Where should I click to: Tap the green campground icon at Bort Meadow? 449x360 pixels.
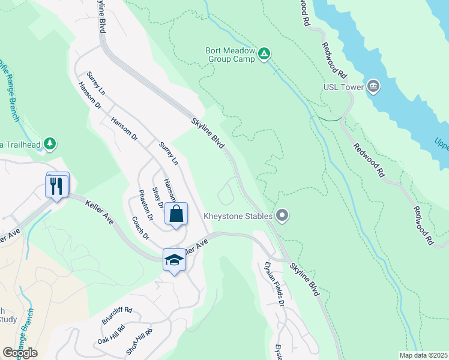264,55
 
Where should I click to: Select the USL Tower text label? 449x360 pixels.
345,87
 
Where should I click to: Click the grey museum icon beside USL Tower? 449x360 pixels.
373,87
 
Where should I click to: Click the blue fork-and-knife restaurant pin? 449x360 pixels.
58,185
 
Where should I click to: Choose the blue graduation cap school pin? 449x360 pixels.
174,260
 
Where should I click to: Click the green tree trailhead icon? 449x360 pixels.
52,143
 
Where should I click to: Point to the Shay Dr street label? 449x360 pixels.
157,197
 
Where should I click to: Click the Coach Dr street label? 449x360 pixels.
139,227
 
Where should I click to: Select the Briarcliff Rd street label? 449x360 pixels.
116,316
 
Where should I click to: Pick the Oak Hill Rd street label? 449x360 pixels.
111,335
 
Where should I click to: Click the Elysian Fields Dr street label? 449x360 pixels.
276,283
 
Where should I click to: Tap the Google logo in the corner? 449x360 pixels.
20,352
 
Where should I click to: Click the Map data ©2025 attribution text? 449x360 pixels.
423,355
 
